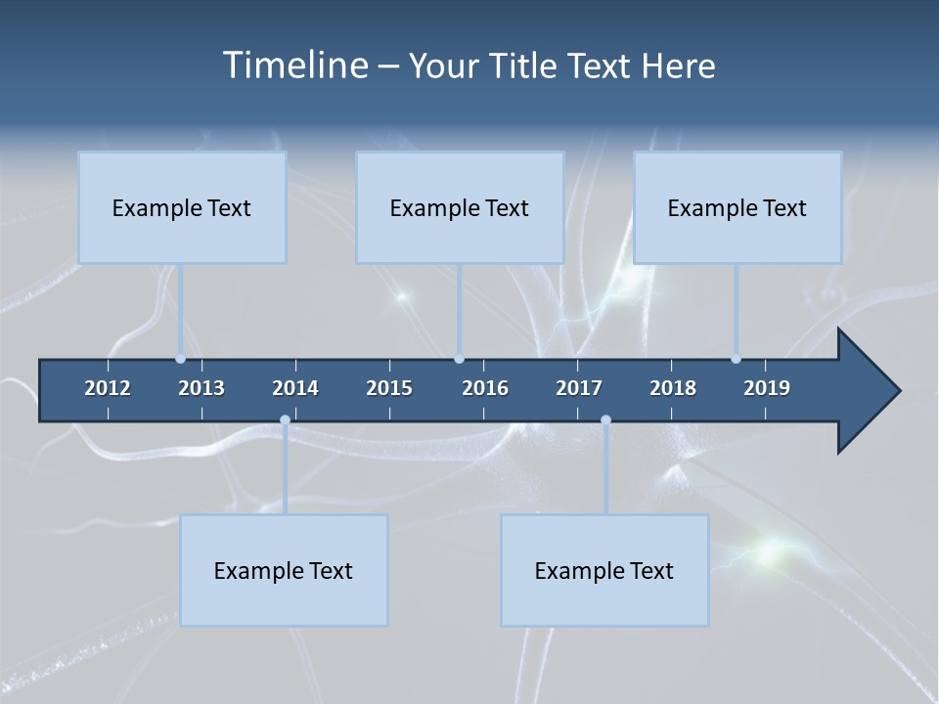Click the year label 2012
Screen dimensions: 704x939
click(x=108, y=388)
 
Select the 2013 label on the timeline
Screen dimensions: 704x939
click(x=201, y=388)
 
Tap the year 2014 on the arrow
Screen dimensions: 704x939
click(x=295, y=388)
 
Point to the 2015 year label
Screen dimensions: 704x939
click(x=389, y=388)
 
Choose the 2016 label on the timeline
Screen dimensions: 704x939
click(x=485, y=388)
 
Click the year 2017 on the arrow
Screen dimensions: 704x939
click(x=579, y=388)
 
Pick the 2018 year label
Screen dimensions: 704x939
click(x=673, y=388)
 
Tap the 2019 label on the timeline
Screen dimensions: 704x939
click(x=767, y=388)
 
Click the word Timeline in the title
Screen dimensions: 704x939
click(x=293, y=66)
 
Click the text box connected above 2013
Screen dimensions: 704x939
click(x=182, y=207)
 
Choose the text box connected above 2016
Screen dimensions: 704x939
click(x=460, y=207)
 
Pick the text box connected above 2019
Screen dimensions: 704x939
click(x=738, y=207)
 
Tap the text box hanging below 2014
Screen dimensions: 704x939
click(x=284, y=570)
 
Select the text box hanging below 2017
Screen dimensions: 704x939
click(x=604, y=570)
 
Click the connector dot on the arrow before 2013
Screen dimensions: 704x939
click(x=180, y=359)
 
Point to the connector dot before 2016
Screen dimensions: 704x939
click(x=460, y=359)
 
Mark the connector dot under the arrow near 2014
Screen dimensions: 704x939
click(x=285, y=420)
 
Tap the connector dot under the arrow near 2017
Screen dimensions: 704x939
click(x=605, y=420)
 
